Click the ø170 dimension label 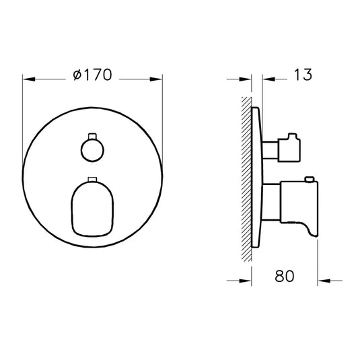pyautogui.click(x=94, y=76)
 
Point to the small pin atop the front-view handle pyautogui.click(x=92, y=179)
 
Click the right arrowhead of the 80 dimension pyautogui.click(x=322, y=277)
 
